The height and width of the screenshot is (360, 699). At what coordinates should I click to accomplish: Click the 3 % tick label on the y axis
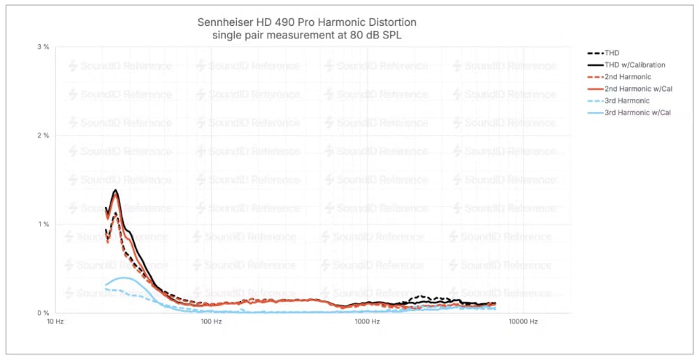pos(43,47)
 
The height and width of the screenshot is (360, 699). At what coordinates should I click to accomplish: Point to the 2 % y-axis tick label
pos(43,136)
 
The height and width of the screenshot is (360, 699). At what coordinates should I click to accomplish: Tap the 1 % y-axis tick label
pos(43,224)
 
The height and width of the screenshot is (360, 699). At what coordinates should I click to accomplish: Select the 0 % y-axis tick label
pos(43,313)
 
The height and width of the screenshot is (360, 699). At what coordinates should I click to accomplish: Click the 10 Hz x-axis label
pos(55,322)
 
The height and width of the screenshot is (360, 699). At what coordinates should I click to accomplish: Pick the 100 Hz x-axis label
pos(210,322)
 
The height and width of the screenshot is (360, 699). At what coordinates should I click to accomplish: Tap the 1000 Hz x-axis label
pos(367,322)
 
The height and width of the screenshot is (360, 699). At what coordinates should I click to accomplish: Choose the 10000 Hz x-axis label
pos(523,322)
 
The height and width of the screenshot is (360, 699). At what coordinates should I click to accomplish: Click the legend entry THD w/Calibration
pos(635,65)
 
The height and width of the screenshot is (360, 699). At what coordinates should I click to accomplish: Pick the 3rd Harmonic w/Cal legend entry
pos(637,113)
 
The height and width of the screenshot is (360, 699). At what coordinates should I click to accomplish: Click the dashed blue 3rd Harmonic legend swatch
pos(594,101)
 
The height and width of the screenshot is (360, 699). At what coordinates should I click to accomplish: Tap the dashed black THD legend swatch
pos(594,53)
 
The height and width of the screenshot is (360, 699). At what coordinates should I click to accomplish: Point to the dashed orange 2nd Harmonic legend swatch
pos(594,77)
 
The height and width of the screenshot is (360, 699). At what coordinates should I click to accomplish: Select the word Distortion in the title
pos(401,22)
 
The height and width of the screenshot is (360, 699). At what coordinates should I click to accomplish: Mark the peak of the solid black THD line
pos(115,190)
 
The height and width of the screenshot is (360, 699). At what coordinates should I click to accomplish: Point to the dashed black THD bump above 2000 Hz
pos(419,297)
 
